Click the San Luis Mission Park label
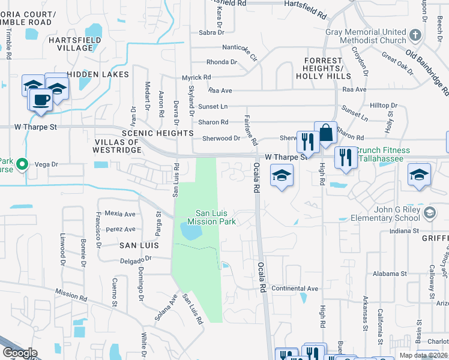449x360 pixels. pos(216,217)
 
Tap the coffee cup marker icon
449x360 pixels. pos(41,99)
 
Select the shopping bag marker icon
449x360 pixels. pos(325,133)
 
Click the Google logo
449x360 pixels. pos(20,353)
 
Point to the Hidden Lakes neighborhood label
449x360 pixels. pos(98,74)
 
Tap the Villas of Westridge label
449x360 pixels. pos(116,146)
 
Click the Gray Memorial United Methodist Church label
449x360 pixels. pos(366,36)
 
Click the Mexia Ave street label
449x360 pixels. pos(120,214)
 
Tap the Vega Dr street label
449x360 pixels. pos(46,164)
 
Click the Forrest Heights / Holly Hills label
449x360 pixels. pos(327,69)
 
